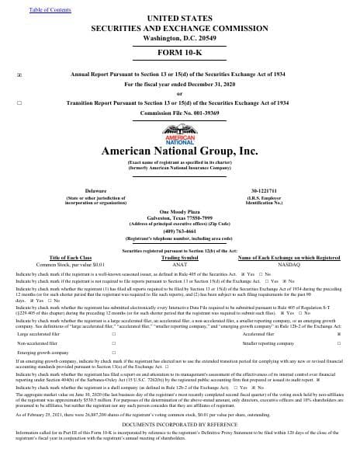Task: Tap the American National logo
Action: coord(179,137)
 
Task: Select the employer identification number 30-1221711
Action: coord(286,190)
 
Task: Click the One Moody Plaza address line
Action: coord(179,210)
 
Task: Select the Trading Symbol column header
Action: coord(179,259)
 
